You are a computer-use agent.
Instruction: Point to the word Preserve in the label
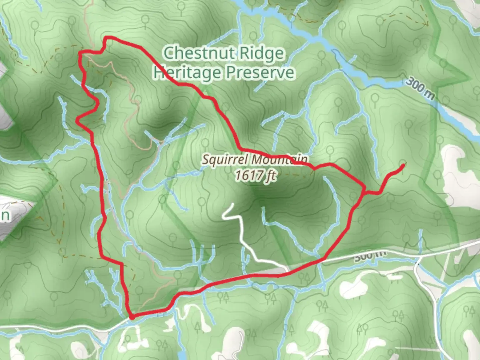260,72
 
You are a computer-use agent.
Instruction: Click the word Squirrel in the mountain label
225,159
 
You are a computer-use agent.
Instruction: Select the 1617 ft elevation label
255,175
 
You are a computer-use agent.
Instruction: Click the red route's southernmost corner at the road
132,317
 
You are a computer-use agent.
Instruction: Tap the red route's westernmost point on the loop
77,121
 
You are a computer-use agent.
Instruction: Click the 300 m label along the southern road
370,256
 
